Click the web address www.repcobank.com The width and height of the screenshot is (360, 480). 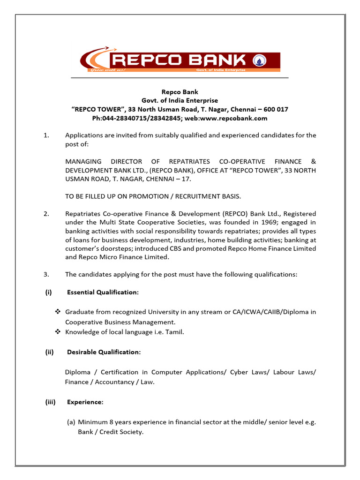click(239, 118)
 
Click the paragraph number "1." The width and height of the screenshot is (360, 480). click(46, 135)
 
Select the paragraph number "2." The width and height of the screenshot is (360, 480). click(46, 214)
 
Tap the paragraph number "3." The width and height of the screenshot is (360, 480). click(46, 275)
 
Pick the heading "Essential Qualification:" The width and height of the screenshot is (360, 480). click(103, 292)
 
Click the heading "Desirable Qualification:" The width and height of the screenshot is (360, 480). click(104, 352)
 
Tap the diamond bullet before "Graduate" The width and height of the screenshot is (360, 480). click(59, 312)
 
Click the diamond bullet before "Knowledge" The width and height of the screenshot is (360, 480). click(59, 332)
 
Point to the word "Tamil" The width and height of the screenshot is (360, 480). click(175, 332)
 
